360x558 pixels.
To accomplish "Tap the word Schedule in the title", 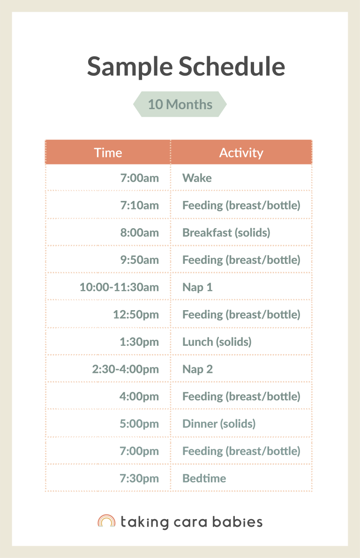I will click(x=232, y=66).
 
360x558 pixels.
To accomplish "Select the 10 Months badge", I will click(x=180, y=104).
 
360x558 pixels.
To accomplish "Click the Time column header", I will click(x=108, y=153).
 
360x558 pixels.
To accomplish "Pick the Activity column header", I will click(x=241, y=153).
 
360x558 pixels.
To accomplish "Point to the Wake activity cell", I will click(x=197, y=178).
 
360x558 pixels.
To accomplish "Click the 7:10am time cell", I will click(x=139, y=205).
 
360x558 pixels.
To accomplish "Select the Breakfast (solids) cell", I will click(x=226, y=232).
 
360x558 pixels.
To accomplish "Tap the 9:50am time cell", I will click(x=139, y=260).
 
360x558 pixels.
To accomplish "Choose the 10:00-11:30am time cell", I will click(x=119, y=287).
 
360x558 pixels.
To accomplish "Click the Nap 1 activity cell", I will click(x=197, y=287).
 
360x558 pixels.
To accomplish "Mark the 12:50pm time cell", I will click(x=135, y=314).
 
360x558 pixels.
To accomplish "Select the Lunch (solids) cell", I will click(x=217, y=342).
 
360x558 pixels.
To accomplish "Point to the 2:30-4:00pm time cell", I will click(x=125, y=369).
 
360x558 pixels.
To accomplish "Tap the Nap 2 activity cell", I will click(x=197, y=369).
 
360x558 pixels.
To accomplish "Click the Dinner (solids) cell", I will click(x=218, y=424).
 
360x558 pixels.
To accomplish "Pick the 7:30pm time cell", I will click(x=139, y=478).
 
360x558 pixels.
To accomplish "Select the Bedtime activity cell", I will click(x=204, y=478).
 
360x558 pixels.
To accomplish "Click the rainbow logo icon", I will click(x=106, y=521).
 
